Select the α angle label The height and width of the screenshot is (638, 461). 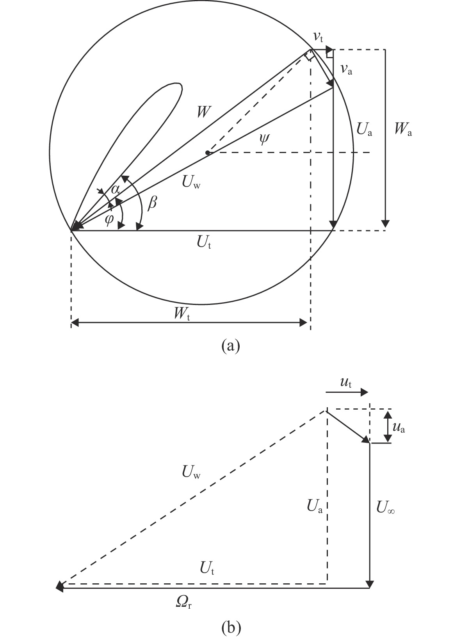115,189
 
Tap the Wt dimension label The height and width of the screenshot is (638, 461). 182,314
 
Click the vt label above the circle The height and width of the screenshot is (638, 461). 318,37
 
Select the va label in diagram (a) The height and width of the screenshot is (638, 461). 346,70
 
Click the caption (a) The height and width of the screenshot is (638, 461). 231,346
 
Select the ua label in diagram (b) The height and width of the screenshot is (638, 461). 399,428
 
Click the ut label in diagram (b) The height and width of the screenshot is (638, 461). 346,383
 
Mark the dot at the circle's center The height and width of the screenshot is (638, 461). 208,153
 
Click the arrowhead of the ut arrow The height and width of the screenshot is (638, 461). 365,392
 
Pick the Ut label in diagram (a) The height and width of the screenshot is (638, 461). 204,243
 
